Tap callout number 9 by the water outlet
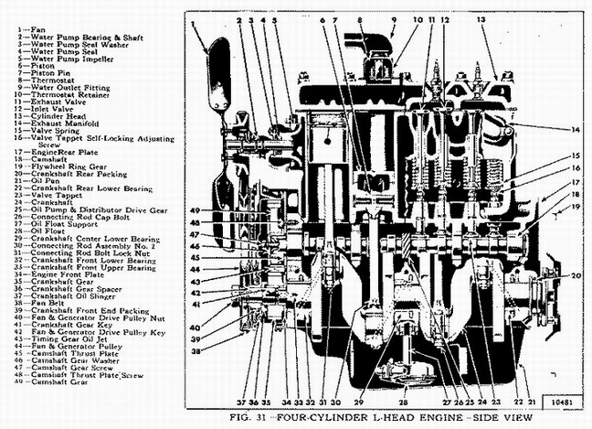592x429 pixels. pyautogui.click(x=393, y=18)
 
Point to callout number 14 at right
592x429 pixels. pyautogui.click(x=576, y=129)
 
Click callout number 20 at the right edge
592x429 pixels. pyautogui.click(x=576, y=275)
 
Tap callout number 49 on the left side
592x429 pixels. pyautogui.click(x=195, y=211)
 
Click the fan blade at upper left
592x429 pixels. pyautogui.click(x=217, y=69)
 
